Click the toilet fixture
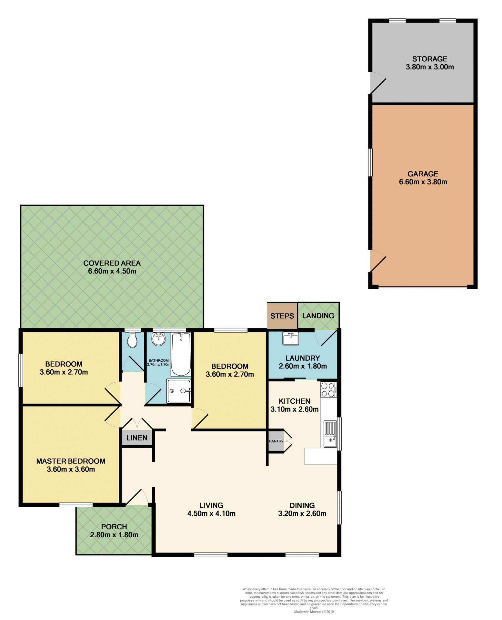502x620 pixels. (132, 341)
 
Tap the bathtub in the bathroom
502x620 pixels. (181, 355)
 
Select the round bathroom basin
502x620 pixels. (158, 339)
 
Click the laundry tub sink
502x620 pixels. (290, 338)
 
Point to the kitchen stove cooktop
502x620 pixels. (328, 389)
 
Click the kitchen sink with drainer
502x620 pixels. (330, 434)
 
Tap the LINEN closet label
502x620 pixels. (137, 438)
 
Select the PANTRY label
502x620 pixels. (276, 441)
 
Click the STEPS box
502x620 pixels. (282, 316)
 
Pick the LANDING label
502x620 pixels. (318, 315)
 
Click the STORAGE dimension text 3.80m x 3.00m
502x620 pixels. (429, 67)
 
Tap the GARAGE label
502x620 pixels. (423, 174)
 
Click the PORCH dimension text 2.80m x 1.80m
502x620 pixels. (114, 535)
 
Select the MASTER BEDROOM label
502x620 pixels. (71, 461)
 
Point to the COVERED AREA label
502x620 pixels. (112, 263)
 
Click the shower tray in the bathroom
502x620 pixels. (178, 391)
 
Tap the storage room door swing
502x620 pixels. (377, 83)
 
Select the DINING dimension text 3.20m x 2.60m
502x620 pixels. (302, 513)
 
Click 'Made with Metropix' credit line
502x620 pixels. (314, 612)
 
